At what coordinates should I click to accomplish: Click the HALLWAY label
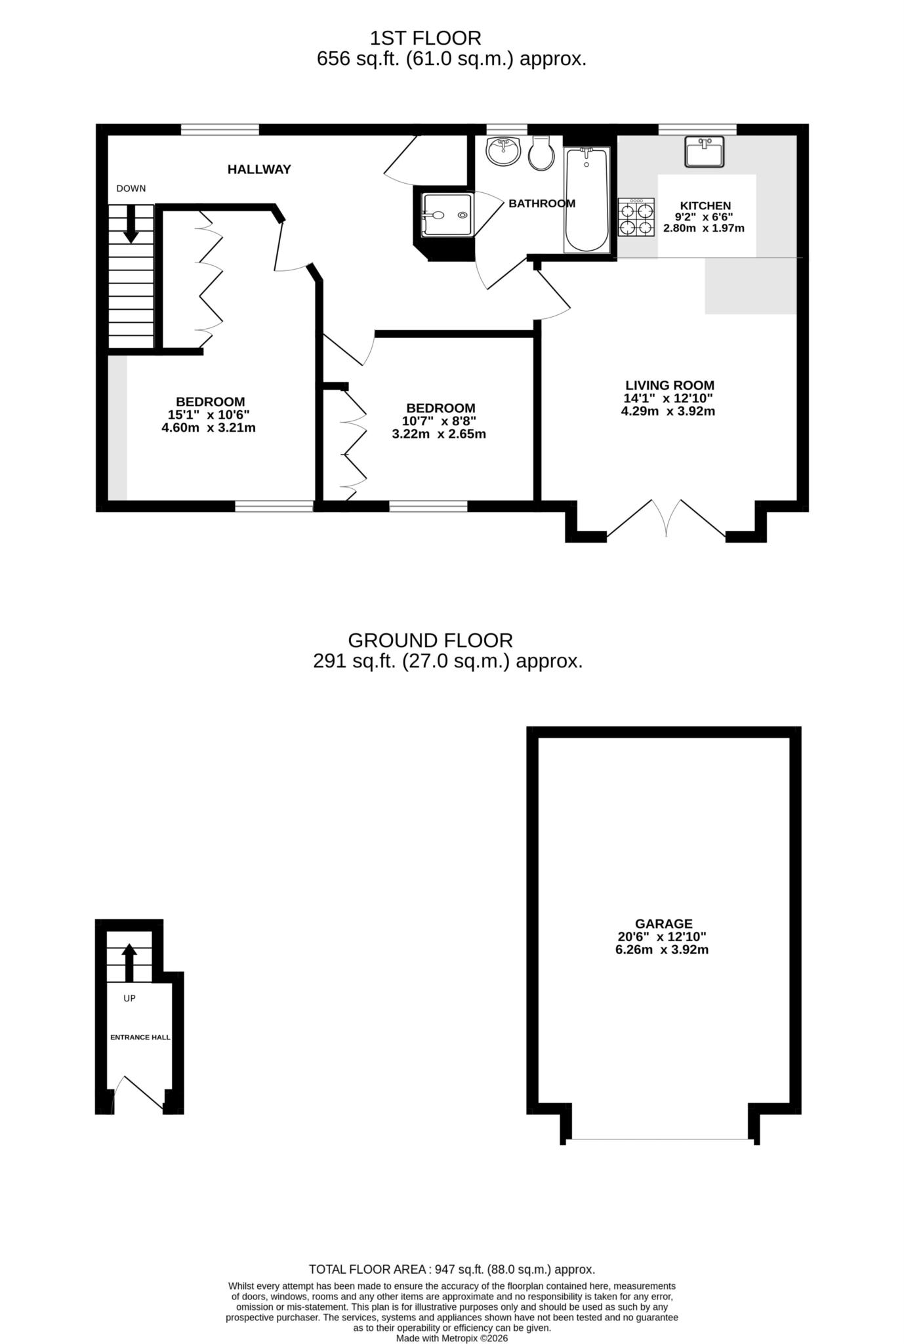(259, 169)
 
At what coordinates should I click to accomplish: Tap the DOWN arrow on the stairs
(131, 224)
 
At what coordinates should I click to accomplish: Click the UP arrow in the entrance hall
(129, 961)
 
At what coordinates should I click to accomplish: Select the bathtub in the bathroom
(586, 200)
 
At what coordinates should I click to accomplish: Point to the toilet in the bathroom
(541, 154)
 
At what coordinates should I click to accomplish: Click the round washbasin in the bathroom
(503, 152)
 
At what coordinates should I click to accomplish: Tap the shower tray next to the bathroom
(447, 215)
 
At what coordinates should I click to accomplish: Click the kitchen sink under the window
(704, 152)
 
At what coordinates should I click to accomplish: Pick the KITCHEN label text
(705, 206)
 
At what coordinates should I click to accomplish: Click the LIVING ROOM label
(669, 386)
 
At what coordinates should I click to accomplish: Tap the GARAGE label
(663, 924)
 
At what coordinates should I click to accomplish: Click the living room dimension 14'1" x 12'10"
(668, 398)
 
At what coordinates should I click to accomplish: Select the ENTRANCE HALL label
(140, 1038)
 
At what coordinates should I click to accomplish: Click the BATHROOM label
(542, 203)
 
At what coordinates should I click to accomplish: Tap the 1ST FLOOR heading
(425, 37)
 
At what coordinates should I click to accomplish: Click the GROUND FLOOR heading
(430, 640)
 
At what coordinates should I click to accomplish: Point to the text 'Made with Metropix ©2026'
(451, 1338)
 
